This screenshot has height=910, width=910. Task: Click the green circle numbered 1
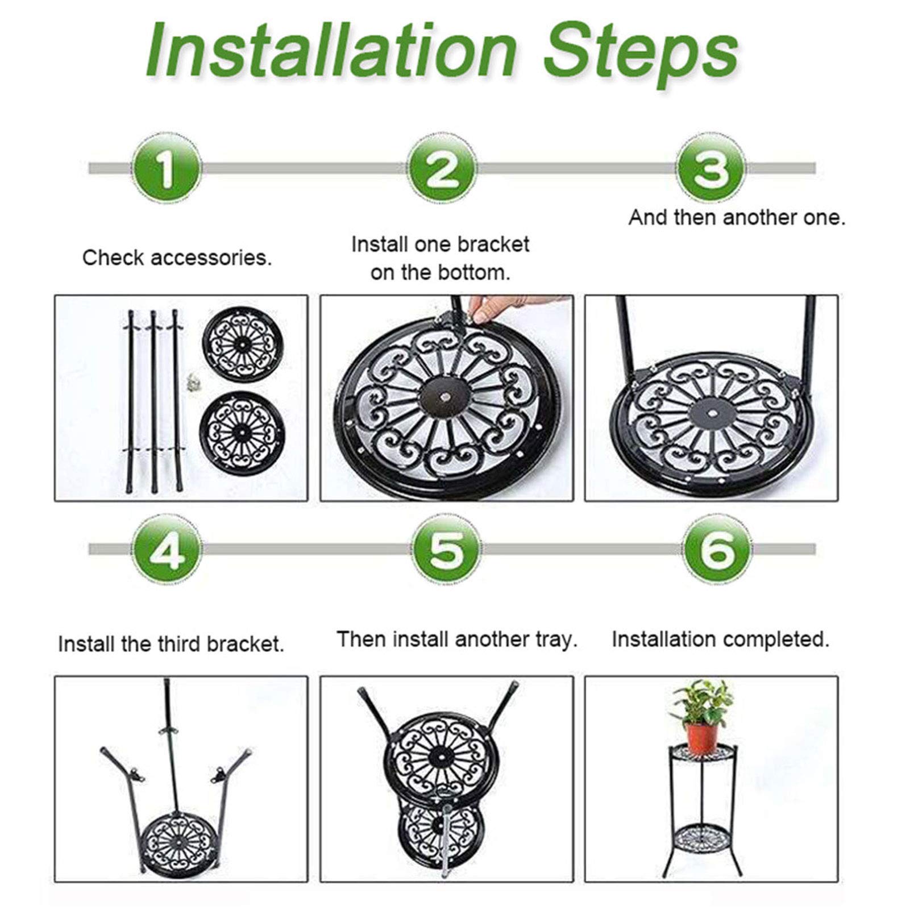click(x=166, y=169)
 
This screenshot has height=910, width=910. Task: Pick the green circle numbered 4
click(x=166, y=550)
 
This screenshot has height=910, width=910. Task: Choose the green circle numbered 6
click(x=717, y=550)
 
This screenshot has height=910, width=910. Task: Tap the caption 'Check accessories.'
click(x=177, y=258)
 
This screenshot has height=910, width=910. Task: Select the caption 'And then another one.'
click(x=737, y=217)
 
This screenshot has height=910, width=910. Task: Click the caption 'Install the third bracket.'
click(x=171, y=644)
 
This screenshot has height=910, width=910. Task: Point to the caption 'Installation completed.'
click(x=721, y=639)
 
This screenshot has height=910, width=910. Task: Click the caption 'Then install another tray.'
click(x=457, y=639)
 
